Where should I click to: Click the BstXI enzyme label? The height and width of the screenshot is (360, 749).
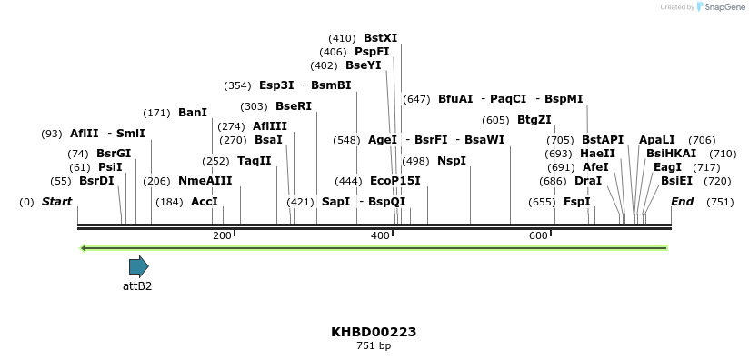pos(380,38)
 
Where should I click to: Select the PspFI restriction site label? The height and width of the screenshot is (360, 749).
pos(372,52)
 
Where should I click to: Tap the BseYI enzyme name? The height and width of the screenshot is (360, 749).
pos(364,65)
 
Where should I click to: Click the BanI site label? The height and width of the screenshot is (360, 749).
pos(193,113)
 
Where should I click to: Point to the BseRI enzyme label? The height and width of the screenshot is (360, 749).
pos(294,106)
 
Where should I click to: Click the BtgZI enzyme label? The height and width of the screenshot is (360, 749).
pos(534,120)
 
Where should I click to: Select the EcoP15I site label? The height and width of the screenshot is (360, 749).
pos(395,181)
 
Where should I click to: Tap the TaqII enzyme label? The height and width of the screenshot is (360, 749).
pos(255,161)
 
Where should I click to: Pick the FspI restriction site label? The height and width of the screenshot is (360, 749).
pos(577,202)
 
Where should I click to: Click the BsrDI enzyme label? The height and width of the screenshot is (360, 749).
pos(96,181)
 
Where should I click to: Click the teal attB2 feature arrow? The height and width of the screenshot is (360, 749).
pos(138,266)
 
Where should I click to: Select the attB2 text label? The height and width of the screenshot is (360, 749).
pos(137,285)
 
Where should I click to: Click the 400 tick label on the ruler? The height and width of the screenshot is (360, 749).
pos(380,236)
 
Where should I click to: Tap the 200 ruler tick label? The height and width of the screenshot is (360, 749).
pos(222,236)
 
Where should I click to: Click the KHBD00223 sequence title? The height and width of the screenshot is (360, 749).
pos(374,332)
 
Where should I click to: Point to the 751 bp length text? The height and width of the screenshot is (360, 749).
pos(374,346)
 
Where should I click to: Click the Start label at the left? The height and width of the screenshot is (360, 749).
pos(56,202)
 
